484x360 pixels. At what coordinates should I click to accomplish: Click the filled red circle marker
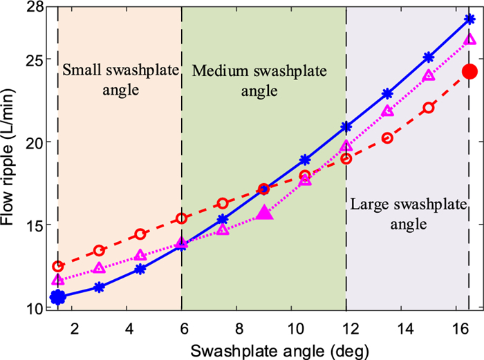[x=469, y=71]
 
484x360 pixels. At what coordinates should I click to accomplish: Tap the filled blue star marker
[x=58, y=297]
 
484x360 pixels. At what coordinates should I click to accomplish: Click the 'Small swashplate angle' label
[x=120, y=80]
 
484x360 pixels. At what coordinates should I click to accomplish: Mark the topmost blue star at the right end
[x=469, y=19]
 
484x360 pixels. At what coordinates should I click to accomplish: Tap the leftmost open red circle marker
[x=58, y=266]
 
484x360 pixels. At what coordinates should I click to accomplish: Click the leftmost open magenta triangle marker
[x=58, y=280]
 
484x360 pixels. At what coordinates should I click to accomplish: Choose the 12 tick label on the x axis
[x=346, y=326]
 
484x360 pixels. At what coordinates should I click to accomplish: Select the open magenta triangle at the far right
[x=469, y=39]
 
